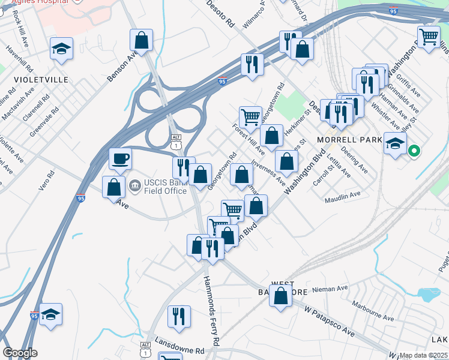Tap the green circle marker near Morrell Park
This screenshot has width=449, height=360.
(x=414, y=151)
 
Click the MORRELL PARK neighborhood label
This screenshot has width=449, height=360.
(x=349, y=140)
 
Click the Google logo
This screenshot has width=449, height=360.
(x=20, y=353)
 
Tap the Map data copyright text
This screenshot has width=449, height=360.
(x=424, y=355)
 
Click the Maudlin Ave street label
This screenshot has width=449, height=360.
(x=343, y=195)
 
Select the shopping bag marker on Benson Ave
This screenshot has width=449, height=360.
(x=141, y=40)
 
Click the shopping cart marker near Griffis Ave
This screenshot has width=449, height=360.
(x=429, y=35)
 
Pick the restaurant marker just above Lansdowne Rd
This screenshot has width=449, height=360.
(x=179, y=316)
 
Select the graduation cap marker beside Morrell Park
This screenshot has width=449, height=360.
(x=394, y=143)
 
